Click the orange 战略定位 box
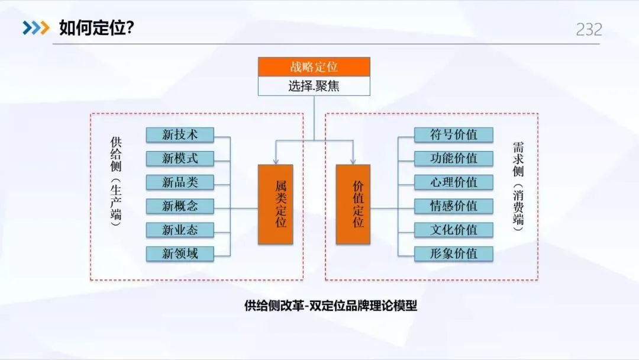tap(314, 67)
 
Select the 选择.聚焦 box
tap(314, 86)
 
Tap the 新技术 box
tap(180, 135)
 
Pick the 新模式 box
tap(180, 159)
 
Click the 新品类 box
tap(180, 182)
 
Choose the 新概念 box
tap(180, 206)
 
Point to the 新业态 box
tap(180, 230)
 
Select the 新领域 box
tap(180, 253)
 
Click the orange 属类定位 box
tap(276, 204)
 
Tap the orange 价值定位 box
tap(353, 204)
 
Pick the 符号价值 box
tap(453, 135)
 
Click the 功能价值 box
tap(453, 159)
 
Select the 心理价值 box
tap(453, 182)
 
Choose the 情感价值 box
tap(453, 206)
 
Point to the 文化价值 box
tap(453, 230)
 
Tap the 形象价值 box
tap(453, 253)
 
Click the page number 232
tap(589, 30)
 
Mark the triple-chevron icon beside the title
tap(36, 28)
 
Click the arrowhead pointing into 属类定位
tap(276, 161)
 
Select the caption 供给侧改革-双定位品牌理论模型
tap(331, 306)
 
